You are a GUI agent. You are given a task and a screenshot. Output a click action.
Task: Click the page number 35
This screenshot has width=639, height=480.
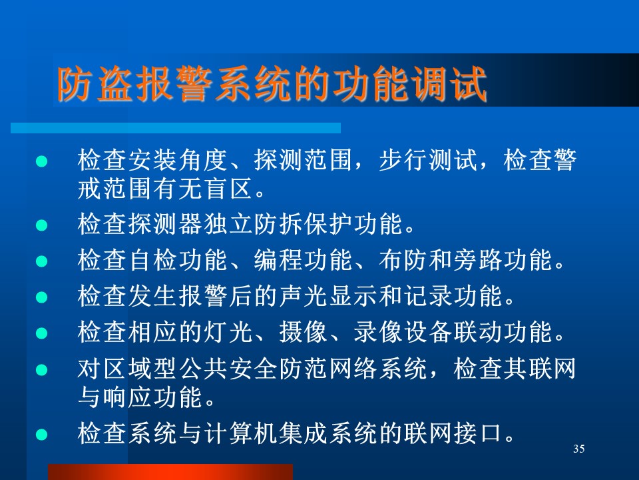578,449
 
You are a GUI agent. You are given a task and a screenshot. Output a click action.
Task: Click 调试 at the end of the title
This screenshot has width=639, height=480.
448,84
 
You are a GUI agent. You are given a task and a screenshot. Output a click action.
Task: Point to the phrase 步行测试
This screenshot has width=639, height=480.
428,159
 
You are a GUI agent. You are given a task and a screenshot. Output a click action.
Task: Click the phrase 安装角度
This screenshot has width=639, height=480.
177,159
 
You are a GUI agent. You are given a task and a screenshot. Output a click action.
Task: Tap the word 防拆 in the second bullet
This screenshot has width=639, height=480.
278,224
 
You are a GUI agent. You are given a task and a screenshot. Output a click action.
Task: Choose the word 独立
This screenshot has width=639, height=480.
228,224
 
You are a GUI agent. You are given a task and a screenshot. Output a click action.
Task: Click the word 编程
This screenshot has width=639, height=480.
278,260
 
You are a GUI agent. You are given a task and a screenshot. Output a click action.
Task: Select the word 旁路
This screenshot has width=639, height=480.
478,260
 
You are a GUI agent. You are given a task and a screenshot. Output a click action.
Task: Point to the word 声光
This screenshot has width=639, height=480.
304,296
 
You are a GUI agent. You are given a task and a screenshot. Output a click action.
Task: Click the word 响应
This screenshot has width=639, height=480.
126,397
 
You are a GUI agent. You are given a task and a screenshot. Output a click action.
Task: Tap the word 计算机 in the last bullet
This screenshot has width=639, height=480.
240,433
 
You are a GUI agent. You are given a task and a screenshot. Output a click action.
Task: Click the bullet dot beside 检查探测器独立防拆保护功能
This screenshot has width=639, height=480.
41,225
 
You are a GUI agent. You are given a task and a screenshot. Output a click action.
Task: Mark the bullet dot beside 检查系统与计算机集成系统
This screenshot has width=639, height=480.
41,435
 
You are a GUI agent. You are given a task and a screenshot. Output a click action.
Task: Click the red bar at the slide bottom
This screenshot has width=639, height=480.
170,472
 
